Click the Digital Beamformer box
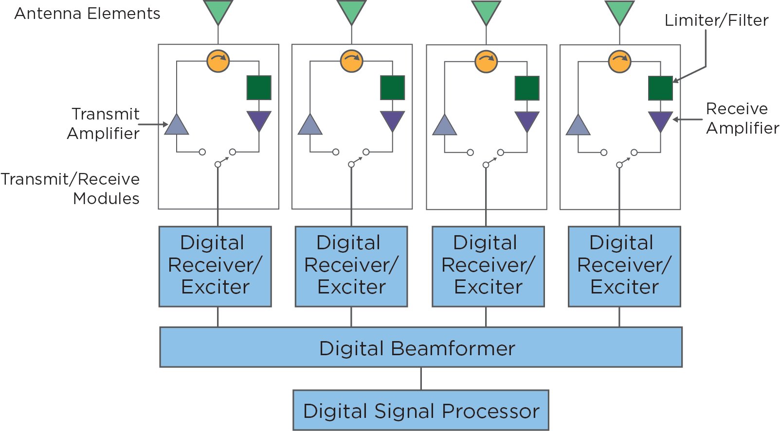click(420, 347)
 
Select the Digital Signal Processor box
click(420, 410)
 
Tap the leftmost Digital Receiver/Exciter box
click(215, 266)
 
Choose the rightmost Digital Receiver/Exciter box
click(624, 266)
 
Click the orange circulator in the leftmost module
click(218, 61)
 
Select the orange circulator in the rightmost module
click(619, 62)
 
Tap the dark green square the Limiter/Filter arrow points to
click(660, 88)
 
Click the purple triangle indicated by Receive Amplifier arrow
click(660, 120)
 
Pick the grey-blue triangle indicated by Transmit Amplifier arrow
click(177, 126)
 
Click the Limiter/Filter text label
click(716, 20)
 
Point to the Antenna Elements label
click(88, 14)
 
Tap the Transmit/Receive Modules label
click(71, 189)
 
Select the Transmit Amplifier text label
click(104, 123)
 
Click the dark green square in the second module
click(392, 87)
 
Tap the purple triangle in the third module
click(526, 120)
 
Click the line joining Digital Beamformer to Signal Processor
click(421, 379)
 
